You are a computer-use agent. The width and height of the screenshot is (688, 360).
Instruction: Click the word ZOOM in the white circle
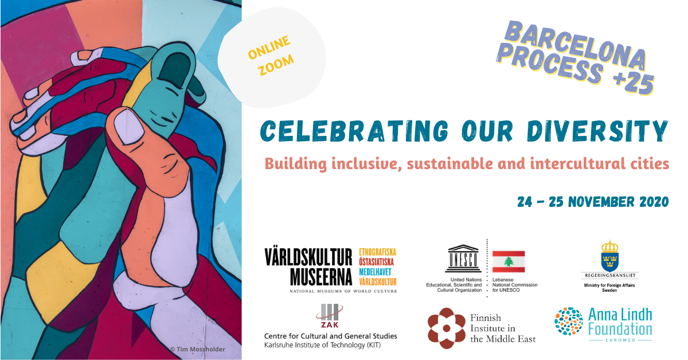click(x=276, y=65)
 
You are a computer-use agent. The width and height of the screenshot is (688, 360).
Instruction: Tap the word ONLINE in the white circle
click(x=269, y=47)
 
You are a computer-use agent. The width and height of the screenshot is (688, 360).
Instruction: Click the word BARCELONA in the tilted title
click(x=575, y=45)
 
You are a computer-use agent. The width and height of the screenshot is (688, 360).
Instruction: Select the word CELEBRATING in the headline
click(x=354, y=131)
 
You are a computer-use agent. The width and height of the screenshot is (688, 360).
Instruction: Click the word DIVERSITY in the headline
click(x=597, y=131)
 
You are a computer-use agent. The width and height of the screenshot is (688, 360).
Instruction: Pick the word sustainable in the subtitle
click(x=450, y=163)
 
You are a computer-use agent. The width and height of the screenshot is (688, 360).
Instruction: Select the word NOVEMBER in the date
click(x=601, y=202)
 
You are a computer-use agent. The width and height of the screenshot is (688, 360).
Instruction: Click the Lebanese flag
click(x=509, y=262)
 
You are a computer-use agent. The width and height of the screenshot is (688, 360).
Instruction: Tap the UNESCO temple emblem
click(x=463, y=259)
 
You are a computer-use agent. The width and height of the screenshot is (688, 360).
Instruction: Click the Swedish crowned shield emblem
click(x=609, y=256)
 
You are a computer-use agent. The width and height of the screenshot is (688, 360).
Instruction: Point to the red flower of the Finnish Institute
click(x=447, y=328)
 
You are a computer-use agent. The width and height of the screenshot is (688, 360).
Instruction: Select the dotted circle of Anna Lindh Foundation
click(x=569, y=321)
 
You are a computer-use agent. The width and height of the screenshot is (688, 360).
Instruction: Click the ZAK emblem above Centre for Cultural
click(x=330, y=316)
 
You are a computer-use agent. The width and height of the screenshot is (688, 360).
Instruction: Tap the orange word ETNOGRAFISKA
click(x=377, y=252)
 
